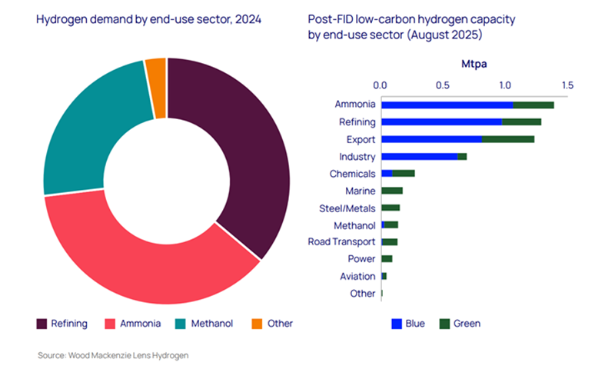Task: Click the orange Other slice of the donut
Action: pos(156,88)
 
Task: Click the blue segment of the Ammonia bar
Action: pos(447,105)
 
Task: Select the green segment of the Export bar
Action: pos(507,139)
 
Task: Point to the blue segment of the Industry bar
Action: pos(419,157)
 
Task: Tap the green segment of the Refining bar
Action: pos(521,122)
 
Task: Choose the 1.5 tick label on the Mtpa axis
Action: pos(567,85)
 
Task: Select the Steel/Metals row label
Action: pos(347,208)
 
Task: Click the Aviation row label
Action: pos(357,276)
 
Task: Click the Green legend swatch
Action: pos(444,324)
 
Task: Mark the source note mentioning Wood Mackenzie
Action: pos(113,355)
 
